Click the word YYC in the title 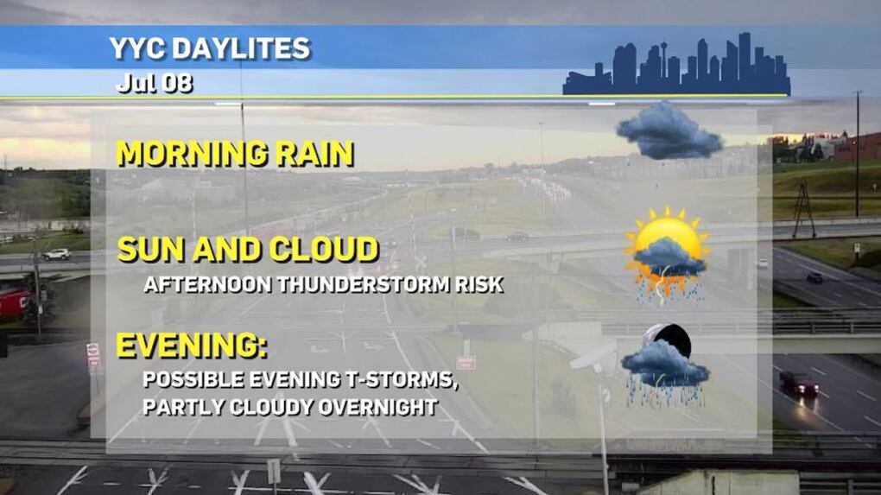click(137, 48)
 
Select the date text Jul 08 click(155, 84)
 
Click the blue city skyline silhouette click(676, 65)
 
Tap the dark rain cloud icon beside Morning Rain click(669, 131)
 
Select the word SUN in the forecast click(150, 250)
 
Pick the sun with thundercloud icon click(668, 255)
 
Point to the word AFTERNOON click(208, 284)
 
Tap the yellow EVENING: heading click(192, 346)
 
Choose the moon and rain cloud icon click(665, 365)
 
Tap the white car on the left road click(56, 255)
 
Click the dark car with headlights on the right click(798, 384)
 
